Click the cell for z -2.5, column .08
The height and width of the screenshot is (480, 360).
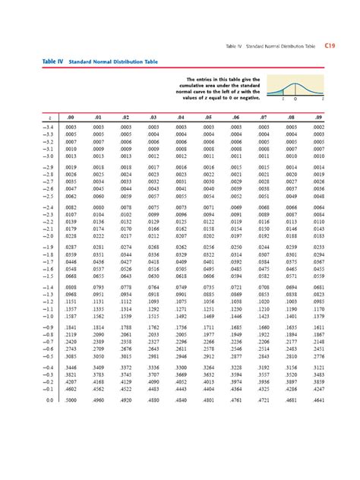click(x=290, y=196)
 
